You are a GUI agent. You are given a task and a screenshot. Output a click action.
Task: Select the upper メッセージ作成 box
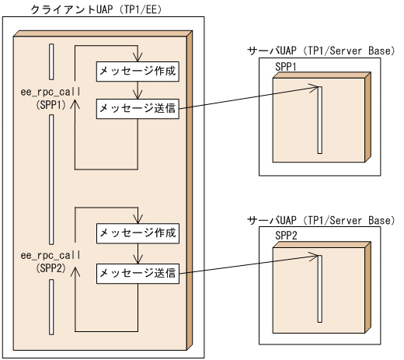point(138,71)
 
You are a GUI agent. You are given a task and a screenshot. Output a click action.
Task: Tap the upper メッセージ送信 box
point(138,109)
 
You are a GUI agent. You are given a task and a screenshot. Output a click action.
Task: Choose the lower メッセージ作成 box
point(138,232)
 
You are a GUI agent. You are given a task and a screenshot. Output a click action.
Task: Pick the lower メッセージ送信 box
point(138,272)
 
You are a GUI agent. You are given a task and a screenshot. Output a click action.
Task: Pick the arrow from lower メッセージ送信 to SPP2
point(249,264)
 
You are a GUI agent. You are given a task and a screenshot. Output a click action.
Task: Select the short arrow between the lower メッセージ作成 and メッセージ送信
point(137,252)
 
